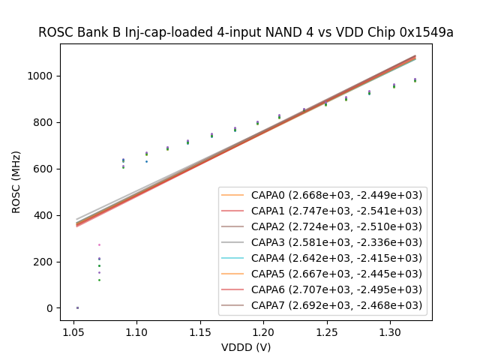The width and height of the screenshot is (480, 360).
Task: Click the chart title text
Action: (x=246, y=32)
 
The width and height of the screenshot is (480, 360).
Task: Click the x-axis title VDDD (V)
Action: (x=246, y=347)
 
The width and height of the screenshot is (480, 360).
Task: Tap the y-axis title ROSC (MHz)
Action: (x=16, y=182)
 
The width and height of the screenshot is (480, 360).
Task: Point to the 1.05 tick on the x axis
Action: (x=73, y=331)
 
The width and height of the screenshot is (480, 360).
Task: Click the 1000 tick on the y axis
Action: (x=42, y=76)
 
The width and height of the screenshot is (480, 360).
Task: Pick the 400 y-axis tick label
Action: (x=45, y=215)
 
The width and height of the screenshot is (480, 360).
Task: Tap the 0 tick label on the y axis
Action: (x=50, y=308)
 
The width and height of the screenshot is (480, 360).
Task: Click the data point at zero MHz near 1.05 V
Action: (x=77, y=307)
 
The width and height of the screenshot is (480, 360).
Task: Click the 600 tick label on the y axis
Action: (x=45, y=169)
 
